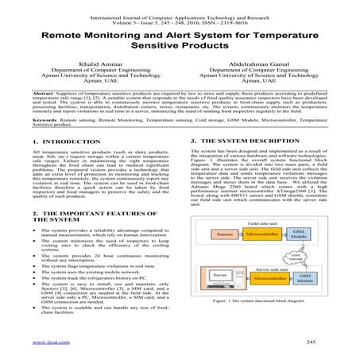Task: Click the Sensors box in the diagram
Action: point(223,235)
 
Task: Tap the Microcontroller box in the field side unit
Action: point(261,235)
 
